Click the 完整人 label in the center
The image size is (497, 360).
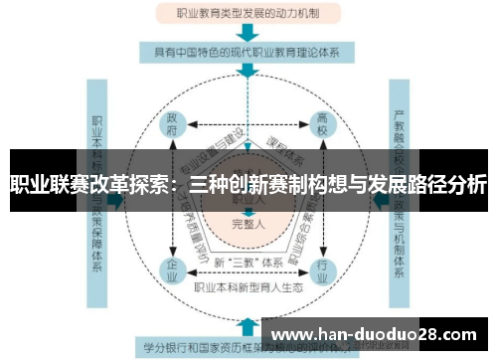tap(248, 224)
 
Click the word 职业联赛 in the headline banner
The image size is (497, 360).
tap(46, 185)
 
